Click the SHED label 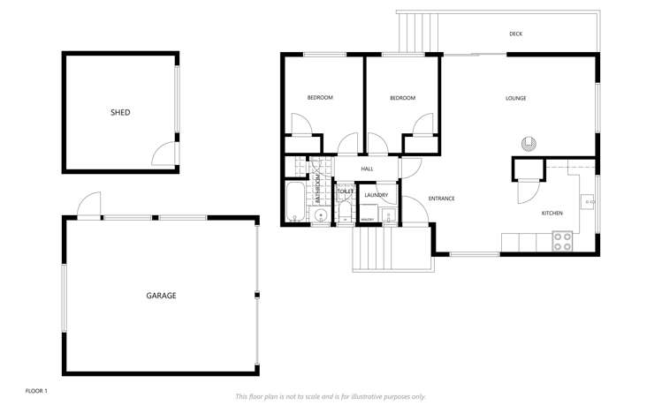[120, 112]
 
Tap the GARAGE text [161, 296]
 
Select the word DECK [516, 34]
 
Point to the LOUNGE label [515, 98]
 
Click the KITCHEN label [552, 214]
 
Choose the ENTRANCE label [441, 199]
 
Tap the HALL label [367, 169]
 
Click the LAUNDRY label [377, 194]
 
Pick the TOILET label [345, 191]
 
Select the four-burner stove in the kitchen [563, 241]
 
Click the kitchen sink [587, 200]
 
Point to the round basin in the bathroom [321, 214]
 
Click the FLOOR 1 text [36, 389]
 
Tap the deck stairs [417, 34]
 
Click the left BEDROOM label [320, 98]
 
